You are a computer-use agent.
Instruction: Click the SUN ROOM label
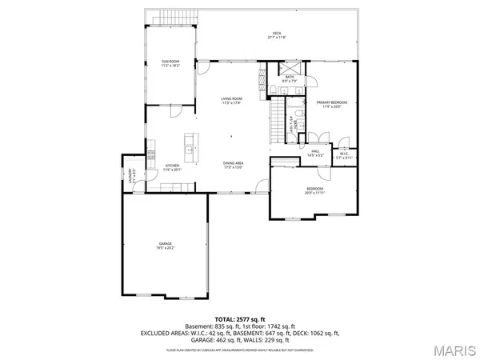(x=170, y=61)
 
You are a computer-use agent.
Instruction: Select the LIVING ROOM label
(x=231, y=98)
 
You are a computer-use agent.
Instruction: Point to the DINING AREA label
(x=234, y=163)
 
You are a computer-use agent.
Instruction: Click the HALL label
(x=316, y=150)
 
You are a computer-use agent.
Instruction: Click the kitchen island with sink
(x=189, y=145)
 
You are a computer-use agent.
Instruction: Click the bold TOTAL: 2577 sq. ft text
(x=239, y=318)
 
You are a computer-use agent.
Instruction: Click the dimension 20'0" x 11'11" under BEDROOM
(x=311, y=193)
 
